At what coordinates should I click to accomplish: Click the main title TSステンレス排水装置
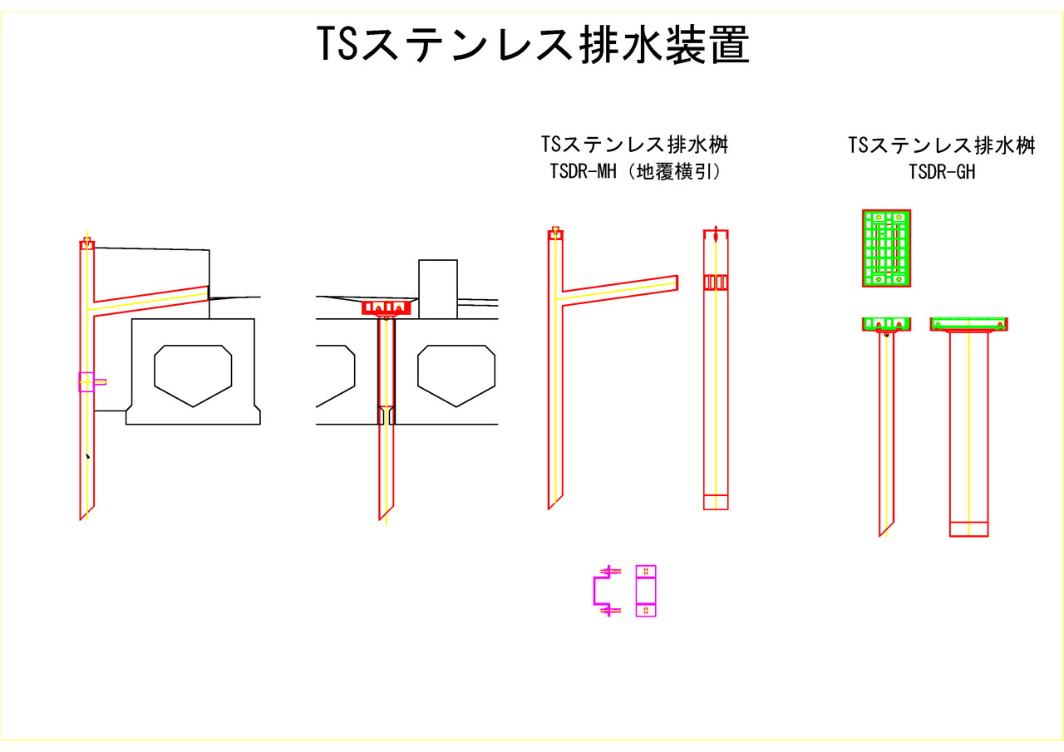pos(533,44)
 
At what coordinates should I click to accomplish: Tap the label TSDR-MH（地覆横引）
pos(634,172)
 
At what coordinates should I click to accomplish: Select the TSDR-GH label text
pos(941,172)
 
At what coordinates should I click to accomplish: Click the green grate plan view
pos(887,248)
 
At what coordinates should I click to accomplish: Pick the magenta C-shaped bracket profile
pos(600,590)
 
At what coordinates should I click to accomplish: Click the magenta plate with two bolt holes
pos(646,591)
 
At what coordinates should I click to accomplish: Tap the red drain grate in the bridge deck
pos(387,307)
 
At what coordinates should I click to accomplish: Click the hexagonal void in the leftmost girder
pos(193,374)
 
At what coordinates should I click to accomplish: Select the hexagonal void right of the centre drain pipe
pos(456,374)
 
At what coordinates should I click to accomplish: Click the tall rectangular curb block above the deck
pos(437,288)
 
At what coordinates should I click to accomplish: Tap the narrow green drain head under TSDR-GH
pos(886,323)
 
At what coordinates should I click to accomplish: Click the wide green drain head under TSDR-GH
pos(969,323)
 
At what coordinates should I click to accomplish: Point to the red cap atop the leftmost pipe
pos(86,243)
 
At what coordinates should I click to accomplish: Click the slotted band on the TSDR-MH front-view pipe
pos(716,283)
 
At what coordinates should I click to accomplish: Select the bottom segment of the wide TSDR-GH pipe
pos(969,528)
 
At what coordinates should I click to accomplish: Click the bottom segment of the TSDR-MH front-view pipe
pos(716,502)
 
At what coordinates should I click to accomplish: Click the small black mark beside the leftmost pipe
pos(87,456)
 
